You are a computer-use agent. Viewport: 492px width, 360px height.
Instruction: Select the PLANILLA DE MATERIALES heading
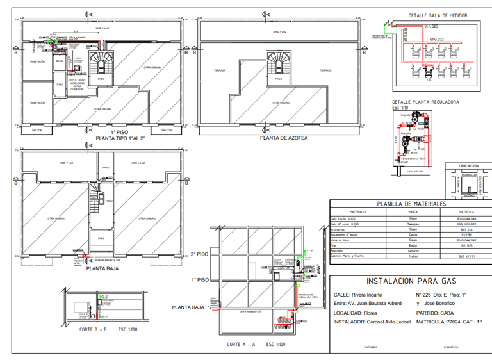click(x=411, y=204)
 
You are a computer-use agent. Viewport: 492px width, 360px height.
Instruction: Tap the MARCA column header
click(x=413, y=211)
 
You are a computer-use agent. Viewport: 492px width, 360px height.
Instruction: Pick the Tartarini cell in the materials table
click(x=413, y=250)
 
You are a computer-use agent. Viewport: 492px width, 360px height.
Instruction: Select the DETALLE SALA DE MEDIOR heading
click(x=438, y=15)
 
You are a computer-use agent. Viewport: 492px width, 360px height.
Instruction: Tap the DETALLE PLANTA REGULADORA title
click(x=425, y=102)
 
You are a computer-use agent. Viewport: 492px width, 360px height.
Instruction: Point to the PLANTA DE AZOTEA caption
click(x=283, y=138)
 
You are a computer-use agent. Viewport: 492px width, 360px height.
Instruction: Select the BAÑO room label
click(x=59, y=61)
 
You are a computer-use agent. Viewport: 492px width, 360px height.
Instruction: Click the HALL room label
click(x=101, y=236)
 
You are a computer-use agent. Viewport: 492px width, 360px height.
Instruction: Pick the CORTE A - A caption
click(x=241, y=344)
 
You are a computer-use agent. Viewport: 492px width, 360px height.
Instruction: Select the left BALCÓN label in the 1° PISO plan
click(x=38, y=130)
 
